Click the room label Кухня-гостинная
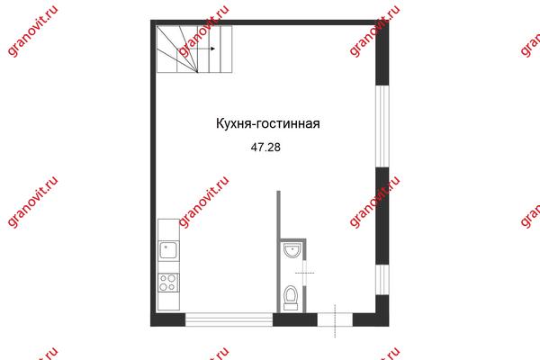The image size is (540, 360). [267, 123]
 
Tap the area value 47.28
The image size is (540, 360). [265, 148]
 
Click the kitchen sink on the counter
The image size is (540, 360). [168, 250]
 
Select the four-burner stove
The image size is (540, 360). [168, 283]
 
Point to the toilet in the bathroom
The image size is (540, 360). [291, 297]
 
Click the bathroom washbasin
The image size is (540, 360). [292, 250]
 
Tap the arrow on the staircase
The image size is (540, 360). [202, 49]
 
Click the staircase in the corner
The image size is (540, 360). [194, 49]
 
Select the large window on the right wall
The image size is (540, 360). [382, 126]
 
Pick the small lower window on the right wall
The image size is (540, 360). [382, 279]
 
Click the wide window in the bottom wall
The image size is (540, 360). [229, 319]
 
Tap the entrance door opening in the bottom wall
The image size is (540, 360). [335, 319]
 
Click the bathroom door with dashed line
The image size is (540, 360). [304, 273]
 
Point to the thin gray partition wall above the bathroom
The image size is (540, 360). [279, 214]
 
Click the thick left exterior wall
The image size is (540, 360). [153, 173]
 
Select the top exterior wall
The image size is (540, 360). [270, 22]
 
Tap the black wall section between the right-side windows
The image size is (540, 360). [382, 216]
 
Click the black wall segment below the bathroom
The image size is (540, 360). [295, 319]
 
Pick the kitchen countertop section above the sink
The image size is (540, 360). [168, 229]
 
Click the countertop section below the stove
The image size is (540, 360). [168, 301]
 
